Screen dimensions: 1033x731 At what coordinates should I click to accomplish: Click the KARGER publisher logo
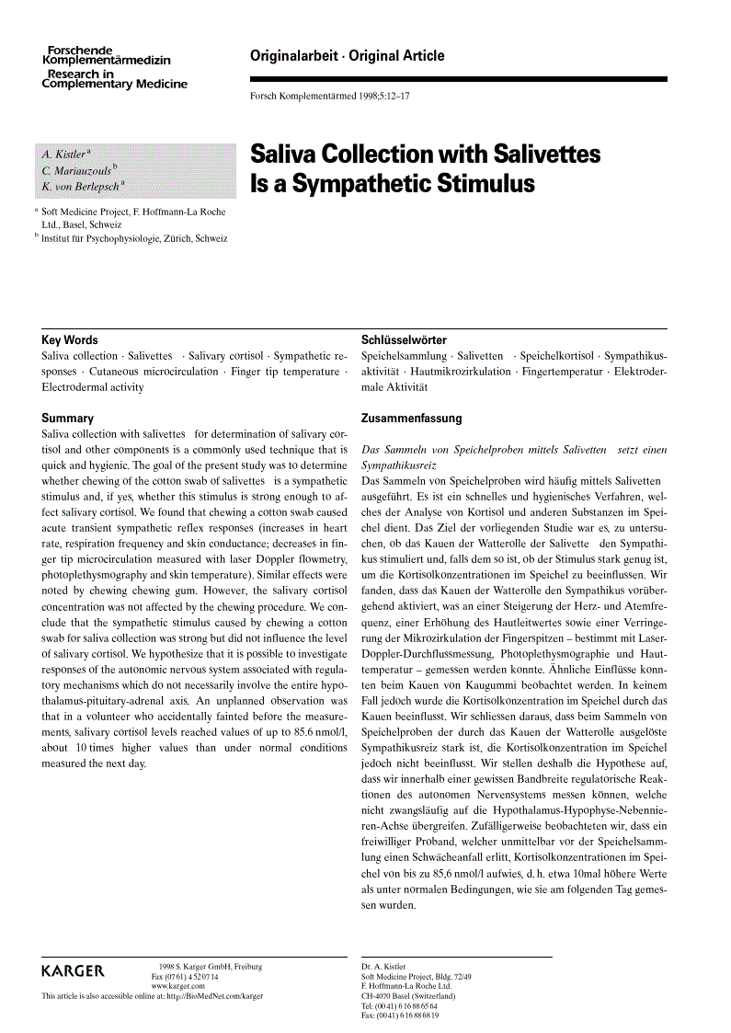coord(74,971)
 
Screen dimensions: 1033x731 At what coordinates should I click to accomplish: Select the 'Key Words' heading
coord(70,339)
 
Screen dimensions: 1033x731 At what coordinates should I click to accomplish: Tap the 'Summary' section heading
coord(68,418)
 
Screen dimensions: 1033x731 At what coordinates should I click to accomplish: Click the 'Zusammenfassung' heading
coord(412,418)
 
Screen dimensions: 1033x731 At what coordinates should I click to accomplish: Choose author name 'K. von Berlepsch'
coord(81,186)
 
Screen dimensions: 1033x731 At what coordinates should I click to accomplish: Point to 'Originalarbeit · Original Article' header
coord(347,56)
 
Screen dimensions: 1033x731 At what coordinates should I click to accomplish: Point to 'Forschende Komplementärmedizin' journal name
coord(107,54)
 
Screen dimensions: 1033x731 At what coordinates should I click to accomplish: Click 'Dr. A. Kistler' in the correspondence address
coord(384,967)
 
